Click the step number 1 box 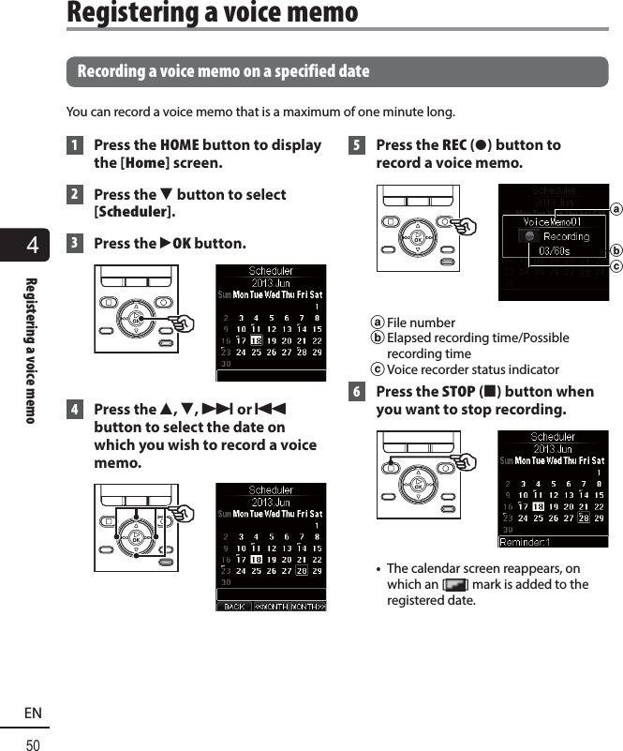coord(74,146)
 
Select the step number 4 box coord(74,410)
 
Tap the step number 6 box coord(356,392)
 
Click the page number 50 coord(33,745)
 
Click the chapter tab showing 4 coord(34,247)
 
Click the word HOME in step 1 coord(179,145)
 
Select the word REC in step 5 coord(454,145)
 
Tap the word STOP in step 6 coord(458,392)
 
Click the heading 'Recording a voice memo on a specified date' coord(223,71)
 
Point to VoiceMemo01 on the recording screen coord(553,221)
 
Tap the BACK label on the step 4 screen coord(234,607)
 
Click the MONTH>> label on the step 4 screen coord(307,607)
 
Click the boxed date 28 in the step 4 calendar coord(302,570)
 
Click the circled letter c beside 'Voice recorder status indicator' coord(377,369)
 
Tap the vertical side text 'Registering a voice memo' coord(31,349)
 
